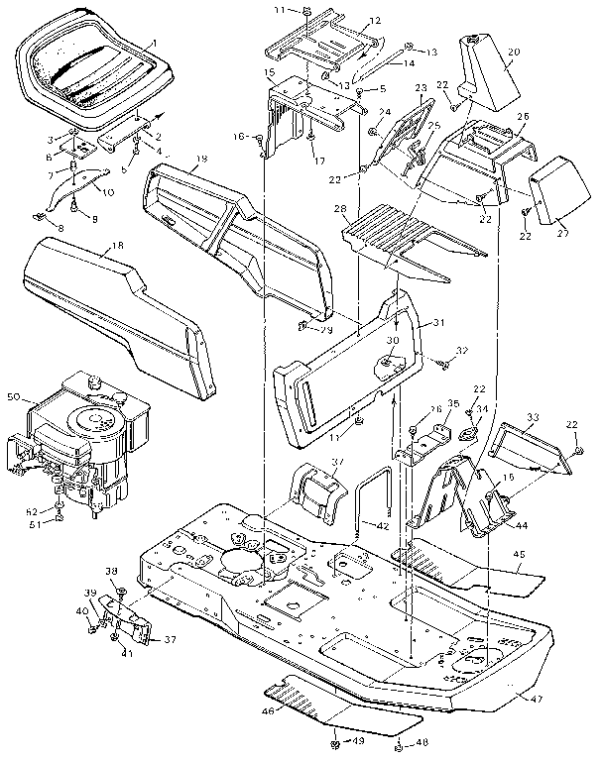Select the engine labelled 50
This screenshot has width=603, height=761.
[x=84, y=436]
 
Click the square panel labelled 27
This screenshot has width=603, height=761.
[x=554, y=190]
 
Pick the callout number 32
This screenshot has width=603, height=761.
[x=460, y=351]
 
